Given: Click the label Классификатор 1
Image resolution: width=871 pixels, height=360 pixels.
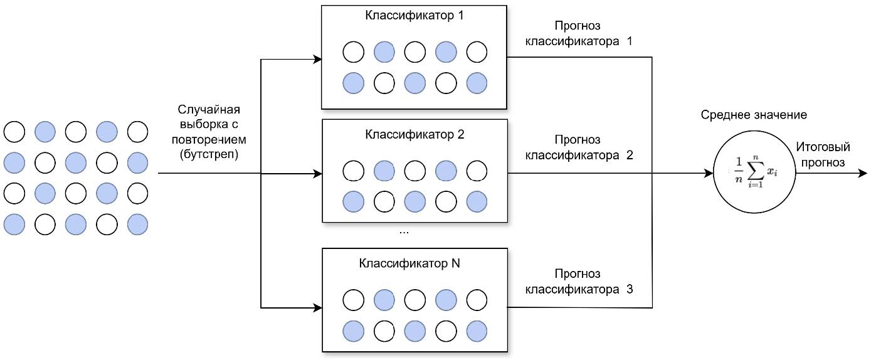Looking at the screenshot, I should click(414, 15).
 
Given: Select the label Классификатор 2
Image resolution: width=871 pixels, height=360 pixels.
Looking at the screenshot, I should click(414, 134).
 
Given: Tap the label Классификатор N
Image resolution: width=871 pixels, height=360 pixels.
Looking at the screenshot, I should click(409, 263).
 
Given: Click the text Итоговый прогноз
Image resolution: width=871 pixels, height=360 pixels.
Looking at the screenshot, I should click(823, 155).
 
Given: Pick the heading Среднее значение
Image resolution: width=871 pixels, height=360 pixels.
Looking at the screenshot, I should click(753, 115).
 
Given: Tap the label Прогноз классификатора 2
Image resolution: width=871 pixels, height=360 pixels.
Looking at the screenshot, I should click(578, 147).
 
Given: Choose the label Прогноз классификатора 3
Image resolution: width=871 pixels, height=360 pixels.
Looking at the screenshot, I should click(578, 282).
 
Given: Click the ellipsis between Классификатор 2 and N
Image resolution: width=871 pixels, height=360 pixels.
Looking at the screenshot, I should click(404, 232).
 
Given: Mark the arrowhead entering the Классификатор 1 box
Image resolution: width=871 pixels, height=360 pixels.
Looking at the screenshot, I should click(317, 60).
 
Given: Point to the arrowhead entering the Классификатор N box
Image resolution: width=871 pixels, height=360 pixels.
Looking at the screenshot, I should click(317, 308).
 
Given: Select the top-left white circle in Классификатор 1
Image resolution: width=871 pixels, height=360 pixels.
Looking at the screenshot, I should click(353, 52).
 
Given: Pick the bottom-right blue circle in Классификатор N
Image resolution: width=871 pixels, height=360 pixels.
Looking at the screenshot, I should click(477, 330).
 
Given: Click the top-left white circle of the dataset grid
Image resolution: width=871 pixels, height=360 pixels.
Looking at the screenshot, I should click(14, 132).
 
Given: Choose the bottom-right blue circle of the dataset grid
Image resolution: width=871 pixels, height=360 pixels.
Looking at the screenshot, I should click(137, 224).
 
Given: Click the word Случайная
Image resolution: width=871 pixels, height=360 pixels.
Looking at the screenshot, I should click(208, 109).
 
